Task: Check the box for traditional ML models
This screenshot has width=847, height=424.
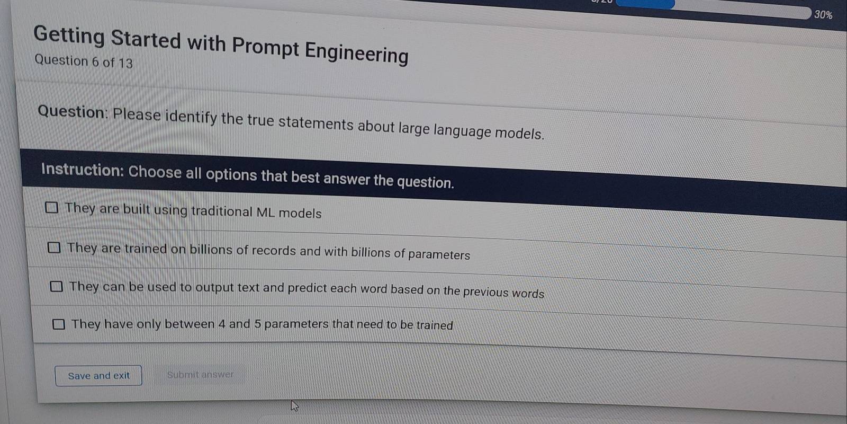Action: [51, 207]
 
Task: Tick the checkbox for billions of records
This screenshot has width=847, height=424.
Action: [54, 248]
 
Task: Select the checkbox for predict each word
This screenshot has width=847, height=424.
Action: [56, 287]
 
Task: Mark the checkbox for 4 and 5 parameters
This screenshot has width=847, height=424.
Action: [58, 324]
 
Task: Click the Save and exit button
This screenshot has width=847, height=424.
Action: [98, 376]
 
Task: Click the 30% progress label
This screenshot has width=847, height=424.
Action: [823, 15]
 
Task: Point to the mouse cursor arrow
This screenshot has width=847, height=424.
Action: [294, 405]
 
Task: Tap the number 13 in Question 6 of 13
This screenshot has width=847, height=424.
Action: [125, 63]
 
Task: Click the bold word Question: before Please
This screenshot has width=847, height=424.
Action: [73, 112]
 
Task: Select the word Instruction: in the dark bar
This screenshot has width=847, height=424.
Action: [83, 170]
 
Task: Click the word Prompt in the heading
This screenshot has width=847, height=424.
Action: [265, 47]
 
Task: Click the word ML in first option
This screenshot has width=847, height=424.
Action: [265, 212]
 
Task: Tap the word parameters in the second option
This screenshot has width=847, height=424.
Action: [439, 255]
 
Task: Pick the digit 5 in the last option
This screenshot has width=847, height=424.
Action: [258, 324]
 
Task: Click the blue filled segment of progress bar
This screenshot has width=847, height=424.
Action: [645, 4]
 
